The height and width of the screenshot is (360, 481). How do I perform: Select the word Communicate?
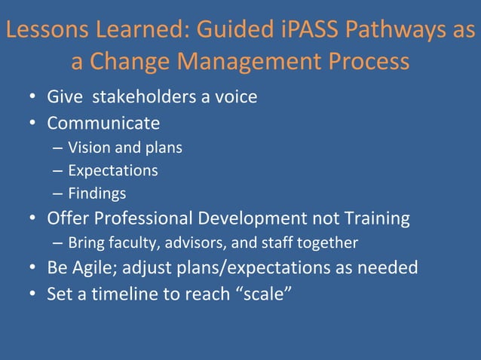[103, 122]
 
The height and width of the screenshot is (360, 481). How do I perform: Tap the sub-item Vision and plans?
[125, 147]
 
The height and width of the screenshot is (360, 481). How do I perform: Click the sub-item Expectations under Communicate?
[113, 170]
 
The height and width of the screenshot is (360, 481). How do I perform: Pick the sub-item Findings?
[97, 194]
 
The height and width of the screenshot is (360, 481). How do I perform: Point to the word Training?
[372, 218]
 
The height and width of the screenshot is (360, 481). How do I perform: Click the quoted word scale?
[262, 292]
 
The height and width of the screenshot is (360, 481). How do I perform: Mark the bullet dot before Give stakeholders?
[33, 98]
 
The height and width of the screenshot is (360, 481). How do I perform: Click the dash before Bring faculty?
[58, 243]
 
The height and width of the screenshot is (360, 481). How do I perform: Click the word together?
[326, 243]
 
